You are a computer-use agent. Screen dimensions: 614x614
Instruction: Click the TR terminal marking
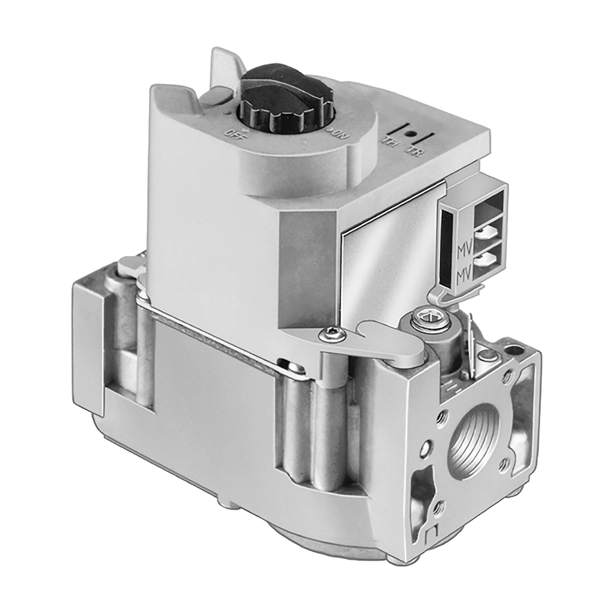pos(414,151)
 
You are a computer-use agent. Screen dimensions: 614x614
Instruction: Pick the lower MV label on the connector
pos(462,277)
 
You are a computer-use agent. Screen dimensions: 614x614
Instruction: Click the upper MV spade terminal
pos(484,232)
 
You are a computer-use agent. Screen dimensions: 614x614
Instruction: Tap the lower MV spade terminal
pos(484,262)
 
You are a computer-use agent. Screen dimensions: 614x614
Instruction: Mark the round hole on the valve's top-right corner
pos(515,351)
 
